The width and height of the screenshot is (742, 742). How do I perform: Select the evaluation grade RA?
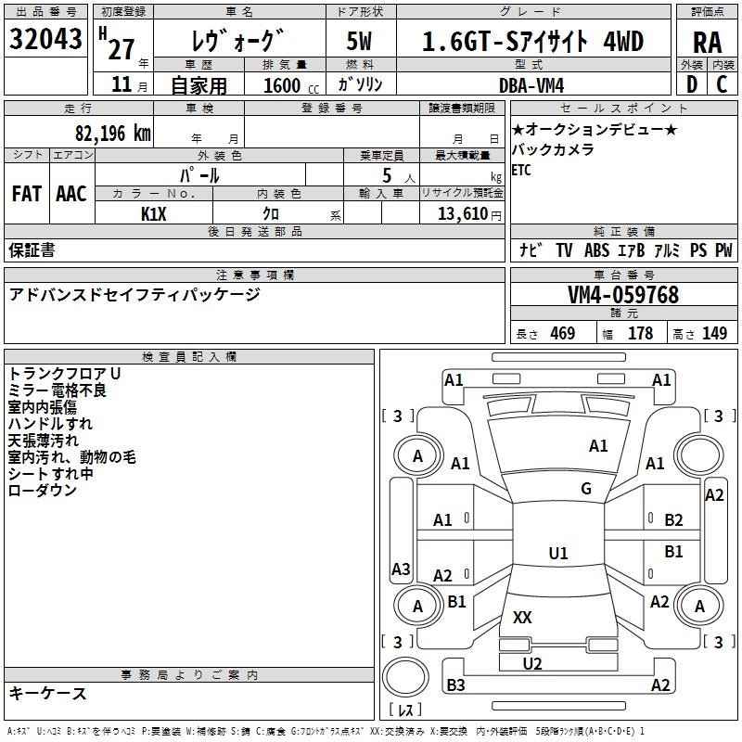(x=707, y=42)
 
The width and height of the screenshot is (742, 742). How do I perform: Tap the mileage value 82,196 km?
(x=112, y=134)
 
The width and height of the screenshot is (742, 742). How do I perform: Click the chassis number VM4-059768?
(x=623, y=295)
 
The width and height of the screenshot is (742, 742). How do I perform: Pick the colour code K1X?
(x=153, y=213)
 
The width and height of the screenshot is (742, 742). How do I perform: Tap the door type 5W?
(x=360, y=42)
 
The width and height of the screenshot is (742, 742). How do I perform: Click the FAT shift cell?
(x=26, y=194)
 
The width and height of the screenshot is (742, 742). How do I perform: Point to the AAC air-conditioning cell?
(x=71, y=194)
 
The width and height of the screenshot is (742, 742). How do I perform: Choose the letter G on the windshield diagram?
(x=586, y=488)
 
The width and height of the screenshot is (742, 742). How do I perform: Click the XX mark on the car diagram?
(x=522, y=617)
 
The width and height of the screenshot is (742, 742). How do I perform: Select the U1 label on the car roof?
(x=558, y=554)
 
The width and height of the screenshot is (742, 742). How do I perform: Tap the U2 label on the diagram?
(x=532, y=663)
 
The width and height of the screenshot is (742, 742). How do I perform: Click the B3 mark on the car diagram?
(x=455, y=685)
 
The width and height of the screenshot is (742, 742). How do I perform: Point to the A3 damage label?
(x=401, y=569)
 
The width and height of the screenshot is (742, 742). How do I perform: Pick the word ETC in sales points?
(x=521, y=171)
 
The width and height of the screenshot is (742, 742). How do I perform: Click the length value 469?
(x=562, y=334)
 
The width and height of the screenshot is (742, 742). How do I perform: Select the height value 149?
(x=714, y=334)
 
